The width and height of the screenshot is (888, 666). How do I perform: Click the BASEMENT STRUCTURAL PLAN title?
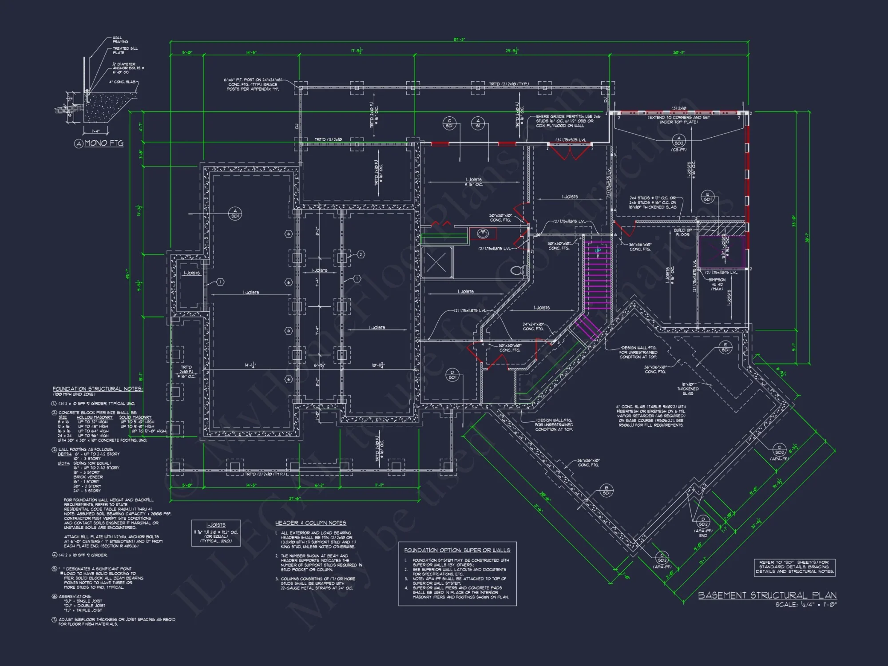(x=767, y=595)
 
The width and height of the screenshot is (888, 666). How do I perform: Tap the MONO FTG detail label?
(x=103, y=143)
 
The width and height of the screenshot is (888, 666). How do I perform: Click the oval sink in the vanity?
(x=483, y=234)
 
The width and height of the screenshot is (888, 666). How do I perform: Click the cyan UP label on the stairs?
(x=598, y=250)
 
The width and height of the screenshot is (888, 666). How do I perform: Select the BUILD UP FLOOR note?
(x=682, y=232)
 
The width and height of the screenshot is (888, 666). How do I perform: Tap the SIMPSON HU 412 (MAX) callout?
(x=717, y=284)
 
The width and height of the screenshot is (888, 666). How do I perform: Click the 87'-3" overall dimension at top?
(x=459, y=40)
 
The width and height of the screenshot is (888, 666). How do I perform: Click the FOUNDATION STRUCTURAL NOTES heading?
(x=98, y=388)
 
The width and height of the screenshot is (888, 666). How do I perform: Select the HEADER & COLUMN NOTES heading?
(x=310, y=523)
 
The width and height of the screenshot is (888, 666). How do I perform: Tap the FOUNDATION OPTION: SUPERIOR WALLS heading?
(x=457, y=550)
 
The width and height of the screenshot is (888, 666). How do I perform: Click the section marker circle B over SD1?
(x=607, y=490)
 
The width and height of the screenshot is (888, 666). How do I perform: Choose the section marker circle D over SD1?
(x=452, y=375)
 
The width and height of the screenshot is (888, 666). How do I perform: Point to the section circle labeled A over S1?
(x=478, y=123)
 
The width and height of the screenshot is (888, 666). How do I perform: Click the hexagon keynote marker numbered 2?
(x=361, y=254)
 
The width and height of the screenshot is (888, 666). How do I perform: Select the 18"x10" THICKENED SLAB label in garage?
(x=688, y=388)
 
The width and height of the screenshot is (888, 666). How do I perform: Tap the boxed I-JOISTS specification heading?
(x=216, y=525)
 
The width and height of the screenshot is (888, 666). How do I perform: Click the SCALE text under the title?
(x=805, y=604)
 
